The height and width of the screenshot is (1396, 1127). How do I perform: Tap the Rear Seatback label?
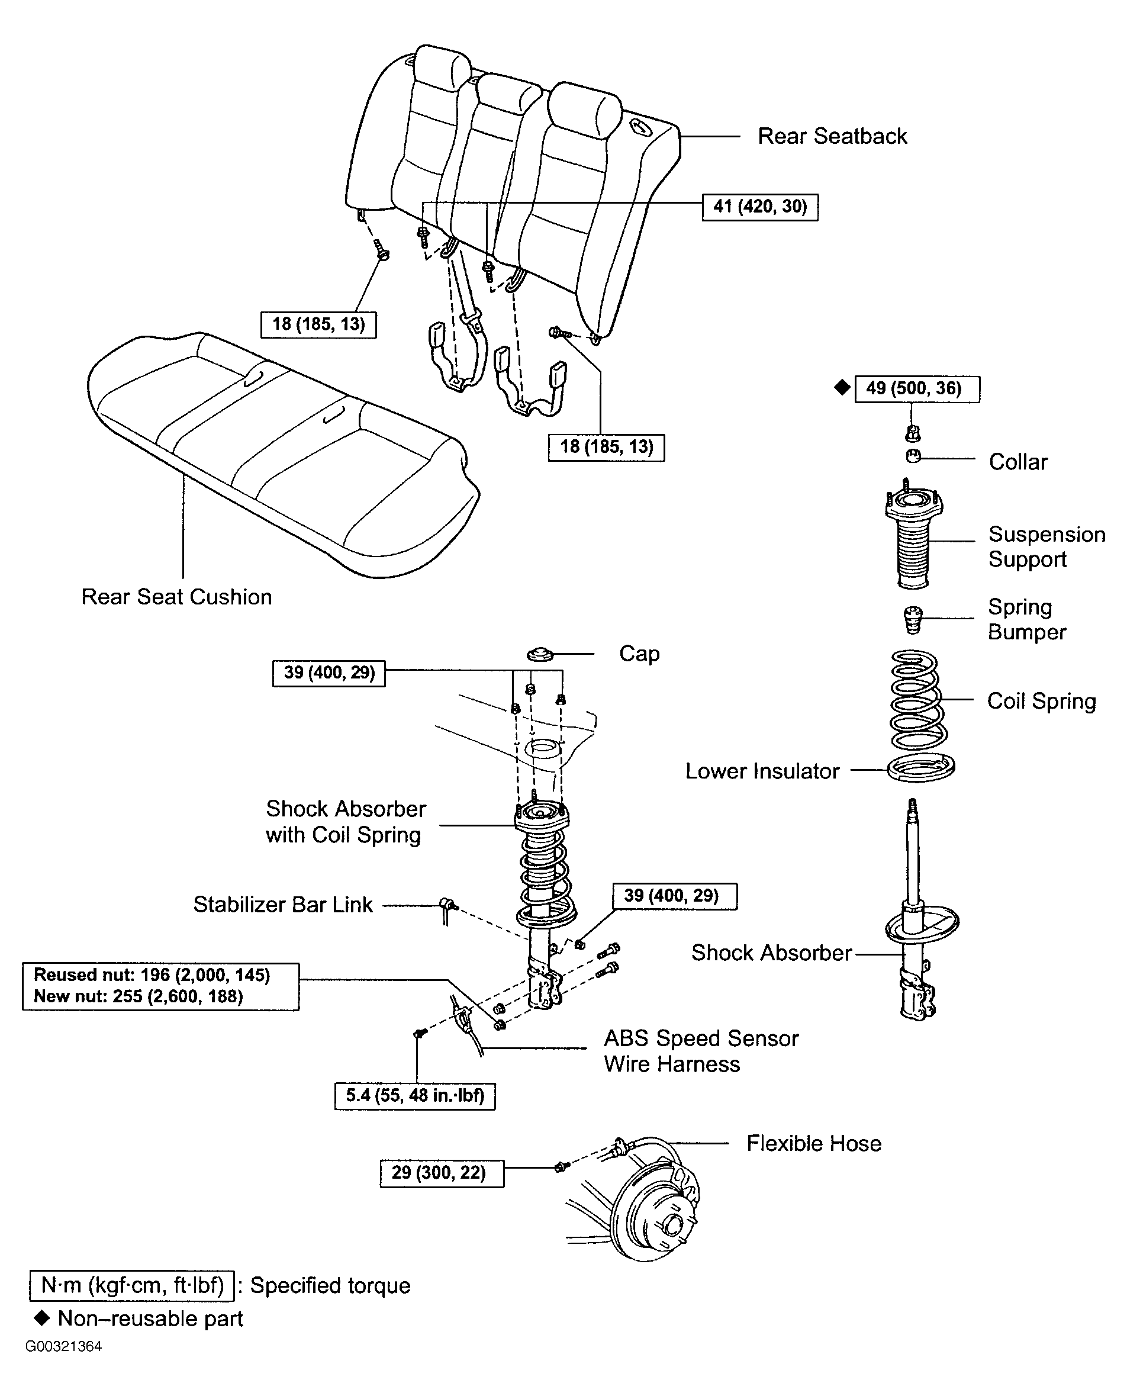832,136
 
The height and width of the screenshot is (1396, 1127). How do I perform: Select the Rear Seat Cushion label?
176,597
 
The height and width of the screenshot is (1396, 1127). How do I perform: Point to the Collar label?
1018,462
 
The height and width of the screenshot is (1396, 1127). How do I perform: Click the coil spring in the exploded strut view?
915,699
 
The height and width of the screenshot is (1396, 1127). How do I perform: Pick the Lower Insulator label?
762,771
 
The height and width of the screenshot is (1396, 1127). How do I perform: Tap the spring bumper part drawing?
913,619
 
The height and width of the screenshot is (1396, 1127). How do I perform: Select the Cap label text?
639,653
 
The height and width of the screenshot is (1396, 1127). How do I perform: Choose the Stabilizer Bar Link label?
283,905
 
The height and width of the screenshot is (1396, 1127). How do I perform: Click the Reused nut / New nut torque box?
161,986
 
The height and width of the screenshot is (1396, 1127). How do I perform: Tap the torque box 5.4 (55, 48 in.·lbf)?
415,1096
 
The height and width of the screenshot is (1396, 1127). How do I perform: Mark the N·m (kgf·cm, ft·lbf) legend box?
132,1286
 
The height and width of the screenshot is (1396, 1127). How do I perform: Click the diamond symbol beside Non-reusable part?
42,1318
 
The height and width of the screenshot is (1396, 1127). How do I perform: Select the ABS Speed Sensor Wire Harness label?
701,1051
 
